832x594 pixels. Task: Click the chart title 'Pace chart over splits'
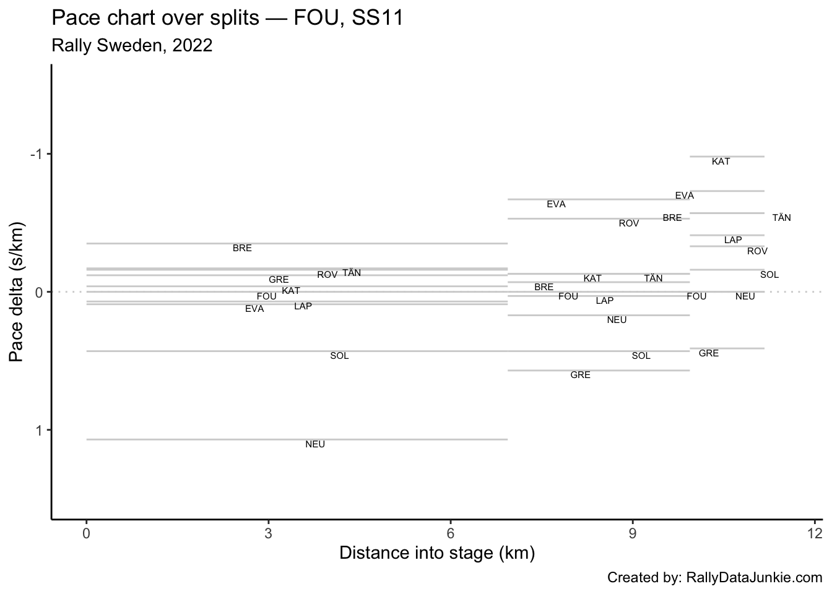(x=155, y=19)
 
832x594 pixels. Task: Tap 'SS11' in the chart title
(x=378, y=19)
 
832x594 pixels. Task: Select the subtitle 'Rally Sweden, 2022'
(x=132, y=46)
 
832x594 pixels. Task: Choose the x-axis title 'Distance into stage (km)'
(x=436, y=553)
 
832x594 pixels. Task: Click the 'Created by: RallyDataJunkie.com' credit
(x=714, y=578)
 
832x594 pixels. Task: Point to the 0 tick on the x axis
(x=86, y=533)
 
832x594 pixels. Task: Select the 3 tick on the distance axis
(x=268, y=533)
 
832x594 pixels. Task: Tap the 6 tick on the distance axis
(x=451, y=533)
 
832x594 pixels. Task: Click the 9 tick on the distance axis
(x=633, y=533)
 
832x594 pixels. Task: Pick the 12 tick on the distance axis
(x=815, y=533)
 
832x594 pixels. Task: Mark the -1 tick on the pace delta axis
(x=36, y=154)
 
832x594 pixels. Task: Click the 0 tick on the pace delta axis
(x=38, y=292)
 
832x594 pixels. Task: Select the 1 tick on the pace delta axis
(x=38, y=430)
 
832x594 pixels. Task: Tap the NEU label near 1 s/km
(x=315, y=444)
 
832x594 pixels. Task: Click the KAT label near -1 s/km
(x=721, y=161)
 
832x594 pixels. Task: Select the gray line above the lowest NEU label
(x=297, y=439)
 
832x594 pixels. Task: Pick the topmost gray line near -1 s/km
(x=727, y=157)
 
